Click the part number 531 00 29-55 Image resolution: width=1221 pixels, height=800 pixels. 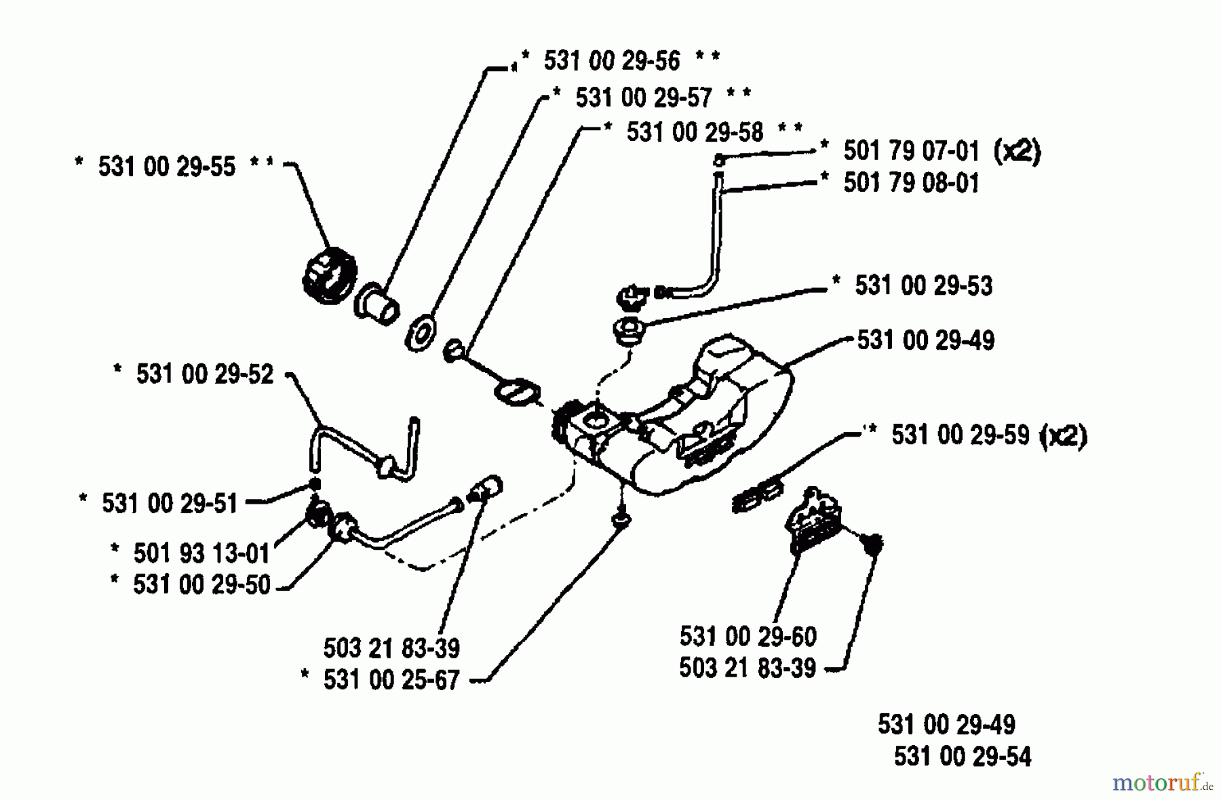coord(166,167)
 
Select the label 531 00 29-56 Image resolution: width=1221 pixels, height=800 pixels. coord(611,61)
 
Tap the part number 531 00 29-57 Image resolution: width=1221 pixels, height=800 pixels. coord(643,98)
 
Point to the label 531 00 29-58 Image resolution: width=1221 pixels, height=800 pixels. coord(695,132)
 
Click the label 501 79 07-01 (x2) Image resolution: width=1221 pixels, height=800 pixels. coord(941,151)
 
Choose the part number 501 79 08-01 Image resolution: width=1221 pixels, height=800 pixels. coord(911,183)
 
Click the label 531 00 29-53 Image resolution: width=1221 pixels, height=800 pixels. coord(923,286)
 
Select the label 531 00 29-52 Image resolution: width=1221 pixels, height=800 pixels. coord(204,374)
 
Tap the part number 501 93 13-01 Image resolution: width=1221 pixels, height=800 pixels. coord(201,554)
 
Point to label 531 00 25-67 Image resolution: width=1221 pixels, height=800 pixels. coord(391,680)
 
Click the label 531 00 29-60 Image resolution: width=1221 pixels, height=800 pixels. coord(748,637)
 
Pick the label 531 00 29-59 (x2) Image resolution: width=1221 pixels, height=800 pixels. coord(988,435)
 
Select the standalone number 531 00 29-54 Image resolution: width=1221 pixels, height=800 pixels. coord(962,757)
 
